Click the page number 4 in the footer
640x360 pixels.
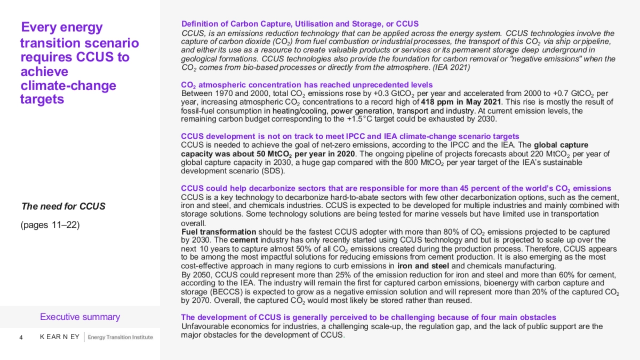click(21, 337)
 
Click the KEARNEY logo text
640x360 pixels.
click(60, 337)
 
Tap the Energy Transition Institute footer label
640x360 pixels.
click(120, 337)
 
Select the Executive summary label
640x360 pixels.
click(80, 317)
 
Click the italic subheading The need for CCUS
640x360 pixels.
click(63, 206)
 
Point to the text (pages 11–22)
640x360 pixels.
click(50, 225)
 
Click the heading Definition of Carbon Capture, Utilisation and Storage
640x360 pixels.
click(300, 24)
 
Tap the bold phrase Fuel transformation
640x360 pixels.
click(219, 232)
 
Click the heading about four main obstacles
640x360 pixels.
click(369, 317)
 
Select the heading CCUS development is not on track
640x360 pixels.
click(350, 137)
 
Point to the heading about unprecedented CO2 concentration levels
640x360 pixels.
click(307, 85)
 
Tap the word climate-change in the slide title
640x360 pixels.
click(68, 86)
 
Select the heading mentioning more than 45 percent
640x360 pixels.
click(396, 188)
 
